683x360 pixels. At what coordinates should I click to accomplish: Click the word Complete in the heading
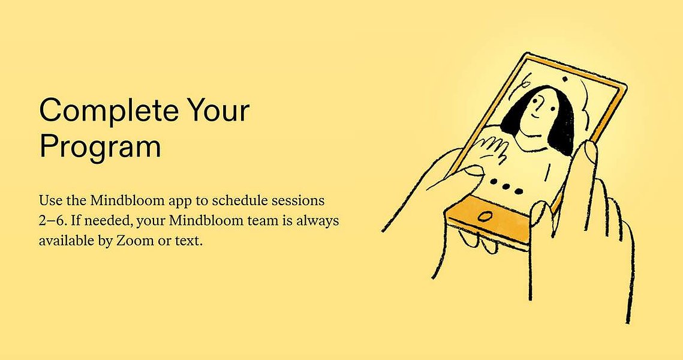(109, 111)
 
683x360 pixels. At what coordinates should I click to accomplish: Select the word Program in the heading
(100, 148)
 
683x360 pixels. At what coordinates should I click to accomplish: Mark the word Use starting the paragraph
(49, 201)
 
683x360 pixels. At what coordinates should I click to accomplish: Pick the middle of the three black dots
(506, 186)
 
